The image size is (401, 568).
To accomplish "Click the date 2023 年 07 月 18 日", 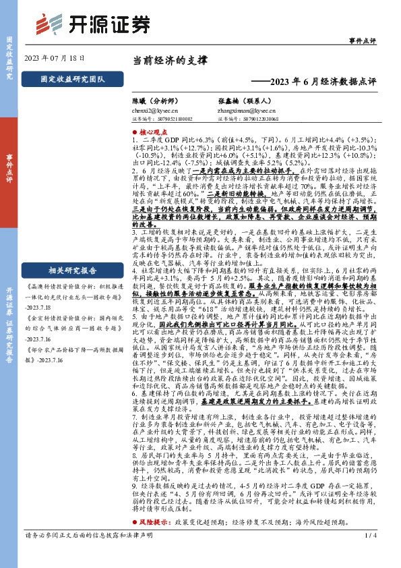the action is coord(55,59).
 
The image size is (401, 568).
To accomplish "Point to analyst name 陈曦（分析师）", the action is coord(156,98).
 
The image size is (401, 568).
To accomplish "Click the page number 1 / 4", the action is coord(369,555).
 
